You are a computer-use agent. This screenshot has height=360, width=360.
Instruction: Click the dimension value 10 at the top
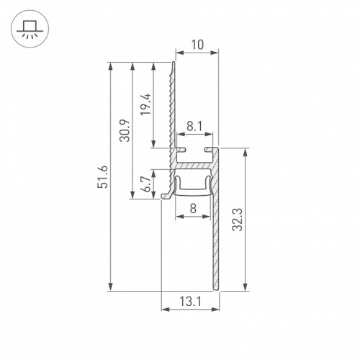[197, 45]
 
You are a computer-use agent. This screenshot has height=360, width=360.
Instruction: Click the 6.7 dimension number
[145, 186]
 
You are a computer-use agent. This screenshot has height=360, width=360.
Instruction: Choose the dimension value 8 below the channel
[194, 210]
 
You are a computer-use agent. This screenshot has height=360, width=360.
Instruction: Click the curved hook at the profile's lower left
[168, 193]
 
